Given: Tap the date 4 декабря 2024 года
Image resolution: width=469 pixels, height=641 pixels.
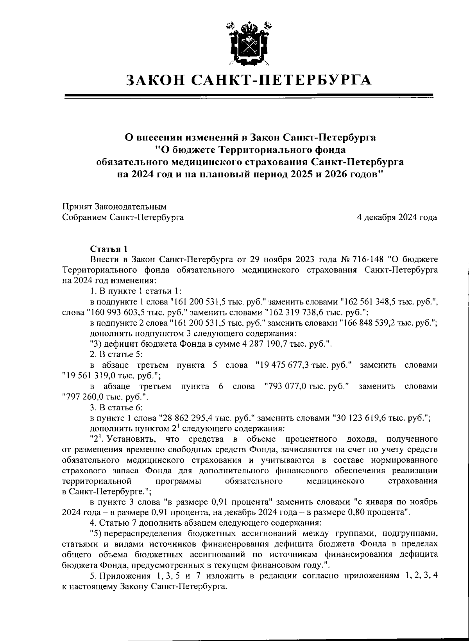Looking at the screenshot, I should pyautogui.click(x=397, y=217).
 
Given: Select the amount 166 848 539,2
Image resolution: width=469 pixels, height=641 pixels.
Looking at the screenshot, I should pyautogui.click(x=371, y=323).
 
